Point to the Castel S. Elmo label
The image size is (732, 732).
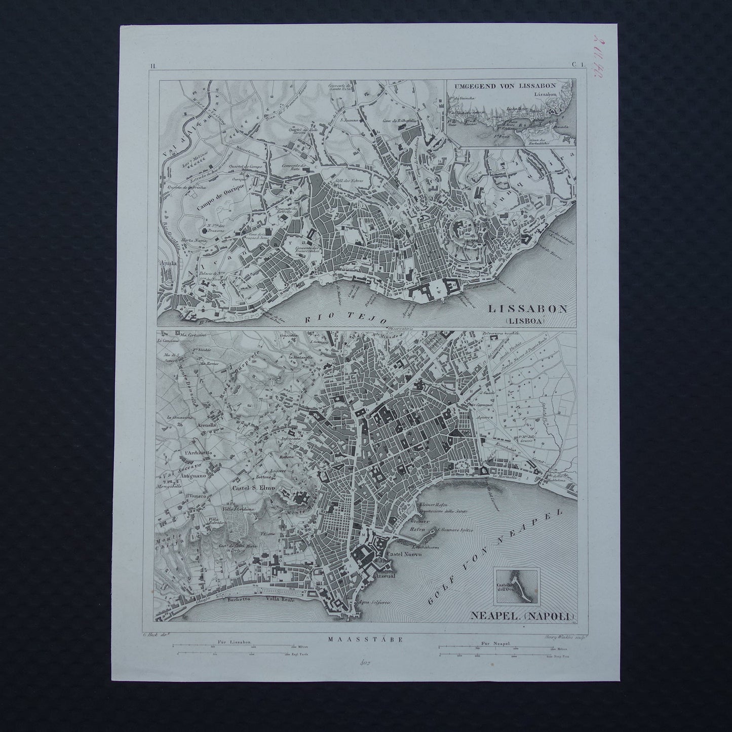pos(253,488)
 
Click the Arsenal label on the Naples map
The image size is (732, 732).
pos(388,575)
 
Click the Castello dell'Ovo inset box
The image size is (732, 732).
pos(518,587)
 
